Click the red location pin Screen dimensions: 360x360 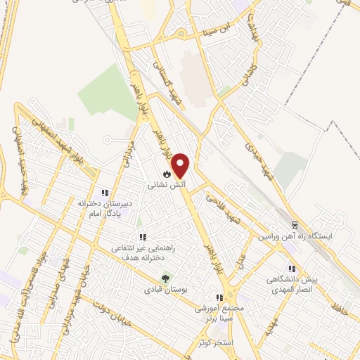point(181,166)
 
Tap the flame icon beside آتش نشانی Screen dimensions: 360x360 point(167,174)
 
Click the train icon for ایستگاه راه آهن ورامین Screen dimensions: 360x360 point(295,226)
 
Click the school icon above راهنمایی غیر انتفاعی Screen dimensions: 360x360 point(142,237)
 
